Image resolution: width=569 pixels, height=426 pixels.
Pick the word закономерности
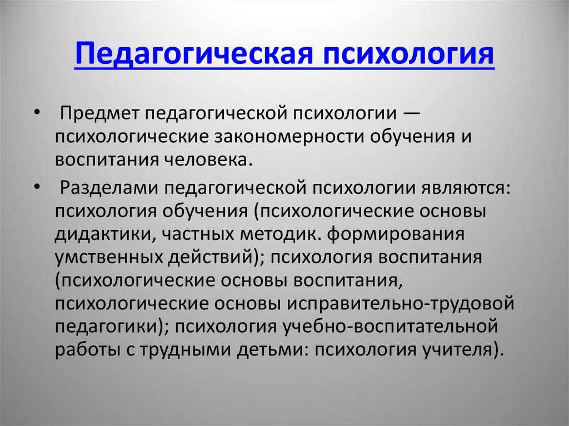[x=289, y=137]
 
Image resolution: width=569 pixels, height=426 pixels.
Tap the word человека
[x=206, y=160]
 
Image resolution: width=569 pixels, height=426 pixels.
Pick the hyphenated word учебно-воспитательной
[x=390, y=326]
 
